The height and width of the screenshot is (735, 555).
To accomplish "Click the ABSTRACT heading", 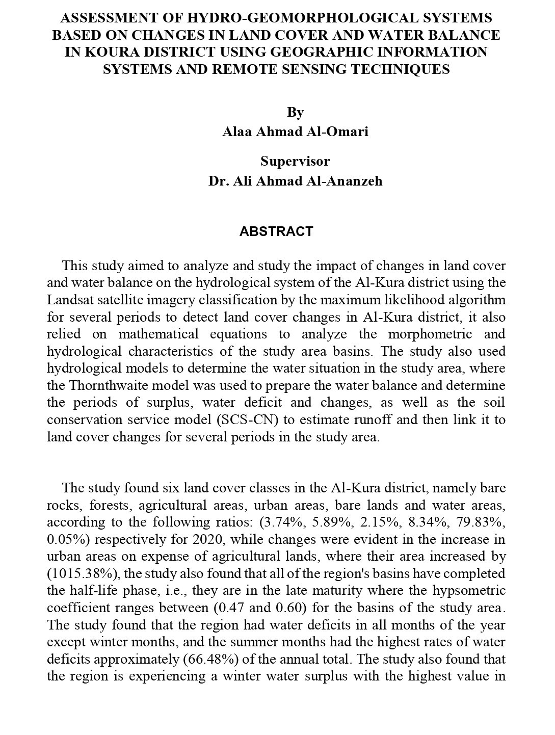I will tap(276, 231).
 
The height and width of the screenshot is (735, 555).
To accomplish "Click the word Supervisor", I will tap(295, 161).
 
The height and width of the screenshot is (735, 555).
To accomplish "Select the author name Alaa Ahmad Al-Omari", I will tap(295, 132).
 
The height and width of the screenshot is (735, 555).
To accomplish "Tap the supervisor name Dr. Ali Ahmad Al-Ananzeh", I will tap(295, 181).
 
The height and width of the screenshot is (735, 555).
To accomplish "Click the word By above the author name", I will tap(295, 112).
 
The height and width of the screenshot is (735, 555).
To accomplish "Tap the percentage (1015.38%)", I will tap(82, 573).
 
